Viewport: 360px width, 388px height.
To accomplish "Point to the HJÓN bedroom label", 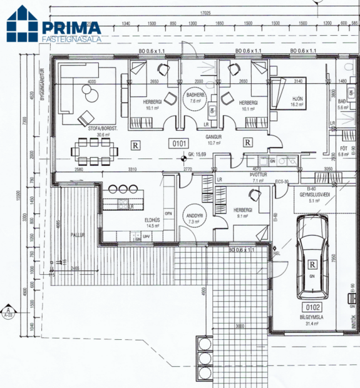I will coord(297,99).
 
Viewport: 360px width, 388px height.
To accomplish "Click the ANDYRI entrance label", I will coord(193,217).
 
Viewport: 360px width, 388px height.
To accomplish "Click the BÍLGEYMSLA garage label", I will coord(312,317).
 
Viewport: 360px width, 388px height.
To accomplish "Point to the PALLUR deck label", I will coord(78,235).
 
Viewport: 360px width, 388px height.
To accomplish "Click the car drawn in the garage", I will coord(311,257).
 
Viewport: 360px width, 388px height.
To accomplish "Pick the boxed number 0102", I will coord(312,307).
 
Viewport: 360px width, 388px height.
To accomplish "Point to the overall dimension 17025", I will coord(205,12).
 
